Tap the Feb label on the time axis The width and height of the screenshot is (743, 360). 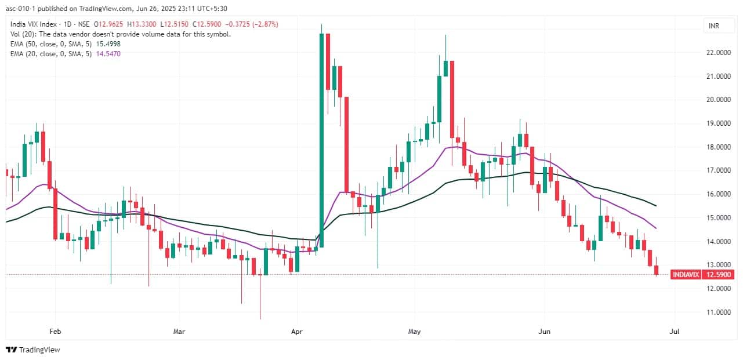[55, 332]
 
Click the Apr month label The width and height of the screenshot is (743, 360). [296, 332]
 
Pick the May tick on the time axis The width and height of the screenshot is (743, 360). [414, 332]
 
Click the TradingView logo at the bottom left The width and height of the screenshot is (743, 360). [33, 350]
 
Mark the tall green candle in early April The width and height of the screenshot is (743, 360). [321, 139]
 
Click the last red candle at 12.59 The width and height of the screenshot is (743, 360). [657, 270]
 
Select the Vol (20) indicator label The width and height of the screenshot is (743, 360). [23, 34]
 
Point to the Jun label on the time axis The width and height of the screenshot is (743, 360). [545, 332]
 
